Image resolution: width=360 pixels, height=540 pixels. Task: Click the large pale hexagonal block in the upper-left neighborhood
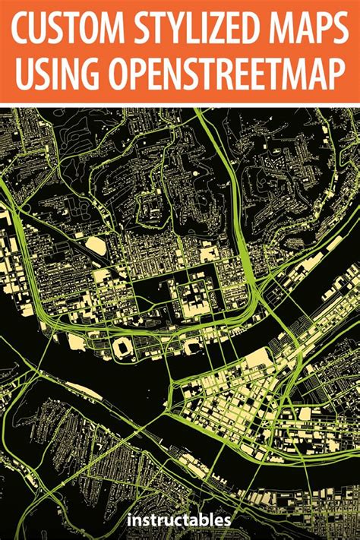point(96,245)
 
